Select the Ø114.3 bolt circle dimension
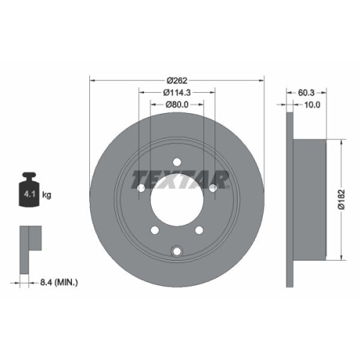[177, 91]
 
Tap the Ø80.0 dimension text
[177, 104]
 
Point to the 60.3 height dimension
[307, 91]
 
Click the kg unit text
[47, 195]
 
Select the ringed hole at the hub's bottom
[177, 250]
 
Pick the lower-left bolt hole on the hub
[153, 231]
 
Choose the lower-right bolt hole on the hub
[201, 231]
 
